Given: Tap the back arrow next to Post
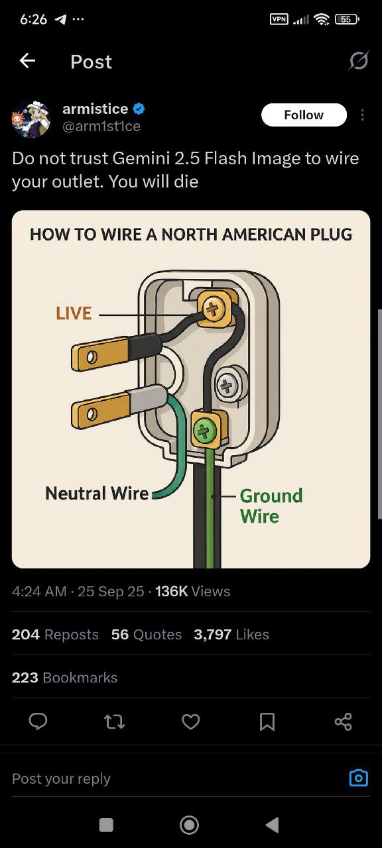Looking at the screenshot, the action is click(27, 60).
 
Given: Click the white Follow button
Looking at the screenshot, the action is click(304, 115).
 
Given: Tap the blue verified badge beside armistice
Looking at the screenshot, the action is click(139, 109).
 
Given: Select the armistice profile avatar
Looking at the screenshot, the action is click(31, 119).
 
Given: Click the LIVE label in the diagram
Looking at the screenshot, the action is click(74, 313).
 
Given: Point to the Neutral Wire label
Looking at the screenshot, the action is click(97, 494).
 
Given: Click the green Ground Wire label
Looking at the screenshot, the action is click(271, 505).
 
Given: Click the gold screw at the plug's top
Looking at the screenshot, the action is click(213, 309).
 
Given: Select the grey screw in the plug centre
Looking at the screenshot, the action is click(227, 386).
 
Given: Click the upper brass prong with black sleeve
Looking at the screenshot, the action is click(116, 352).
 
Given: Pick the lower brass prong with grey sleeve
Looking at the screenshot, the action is click(119, 407).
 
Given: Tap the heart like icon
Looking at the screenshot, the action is click(190, 721).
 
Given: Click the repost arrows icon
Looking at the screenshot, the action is click(115, 721).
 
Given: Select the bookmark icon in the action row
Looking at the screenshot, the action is click(267, 721).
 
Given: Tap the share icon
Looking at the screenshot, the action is click(344, 721).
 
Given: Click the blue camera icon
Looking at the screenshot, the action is click(358, 778).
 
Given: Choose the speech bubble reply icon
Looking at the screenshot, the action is click(38, 721).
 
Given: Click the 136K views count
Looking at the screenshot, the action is click(171, 592).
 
